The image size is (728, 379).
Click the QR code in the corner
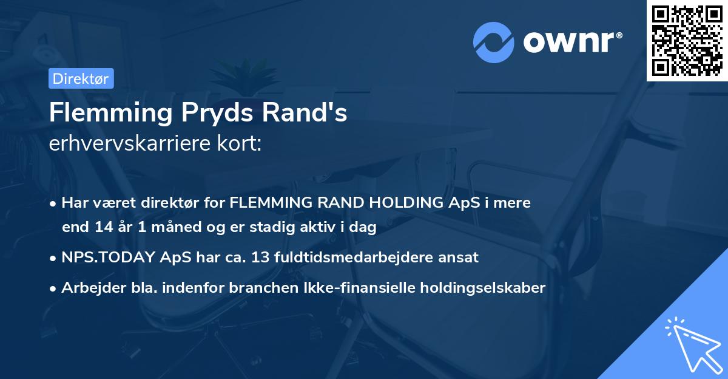687,40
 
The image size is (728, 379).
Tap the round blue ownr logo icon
494,42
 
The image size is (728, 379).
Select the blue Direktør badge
81,78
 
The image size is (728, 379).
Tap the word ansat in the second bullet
460,258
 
